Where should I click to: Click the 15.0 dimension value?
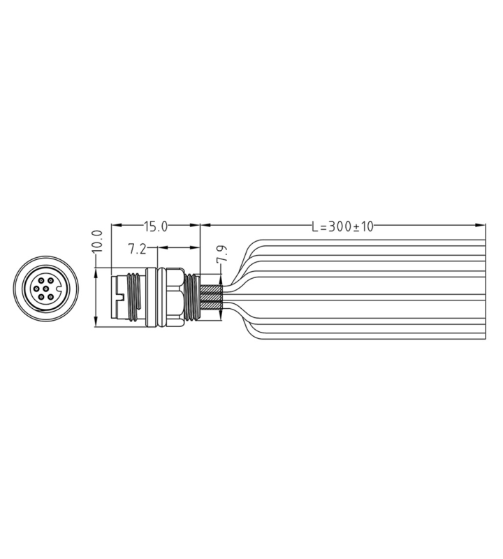(x=156, y=226)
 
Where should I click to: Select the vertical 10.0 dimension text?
(x=97, y=242)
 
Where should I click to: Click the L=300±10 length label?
(x=343, y=226)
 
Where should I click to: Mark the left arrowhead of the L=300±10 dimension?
(x=204, y=226)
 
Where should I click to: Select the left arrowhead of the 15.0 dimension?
(x=116, y=226)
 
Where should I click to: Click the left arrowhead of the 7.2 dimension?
(x=161, y=247)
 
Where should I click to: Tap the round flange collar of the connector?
(x=161, y=297)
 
